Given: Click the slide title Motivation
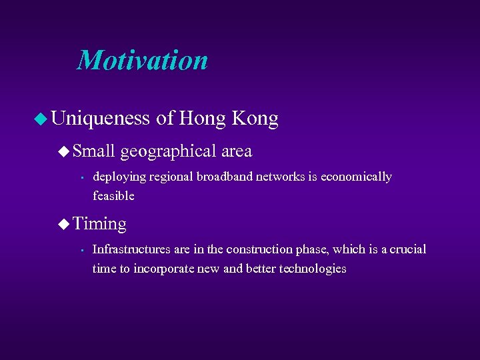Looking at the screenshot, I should (143, 60).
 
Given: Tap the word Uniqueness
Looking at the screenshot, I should (100, 119).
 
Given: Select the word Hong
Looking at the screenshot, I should (203, 119).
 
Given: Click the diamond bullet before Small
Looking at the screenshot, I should (63, 152).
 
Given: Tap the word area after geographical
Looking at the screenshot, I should (236, 151).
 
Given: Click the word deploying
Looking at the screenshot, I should (119, 177).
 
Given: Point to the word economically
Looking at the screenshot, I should (356, 177).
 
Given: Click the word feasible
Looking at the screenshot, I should (113, 196).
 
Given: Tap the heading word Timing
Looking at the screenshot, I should (99, 223).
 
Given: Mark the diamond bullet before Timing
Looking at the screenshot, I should (63, 224).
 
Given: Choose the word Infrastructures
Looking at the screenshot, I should (129, 249).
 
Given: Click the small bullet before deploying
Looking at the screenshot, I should (79, 178).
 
